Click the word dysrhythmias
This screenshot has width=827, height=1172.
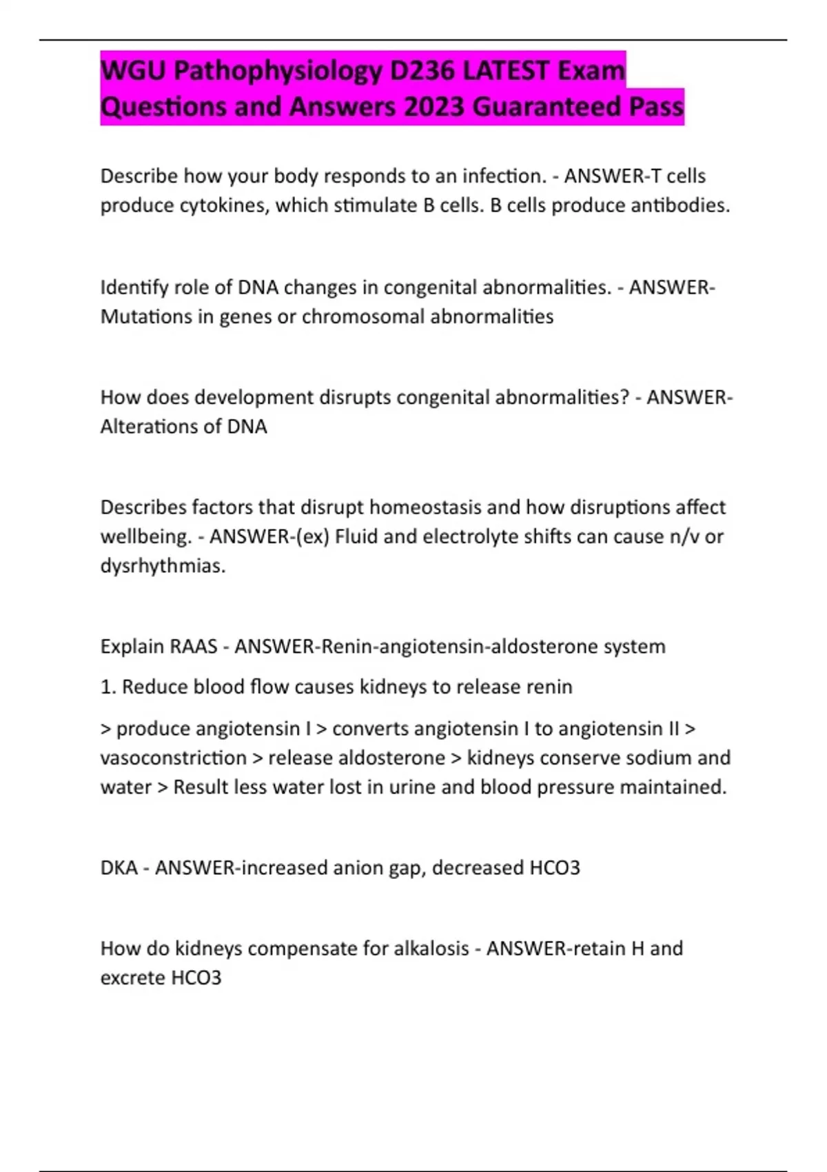[x=163, y=566]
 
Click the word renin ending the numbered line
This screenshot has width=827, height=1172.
[x=549, y=687]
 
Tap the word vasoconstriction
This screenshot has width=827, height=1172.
[x=173, y=758]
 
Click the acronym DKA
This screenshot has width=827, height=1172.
[x=119, y=867]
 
